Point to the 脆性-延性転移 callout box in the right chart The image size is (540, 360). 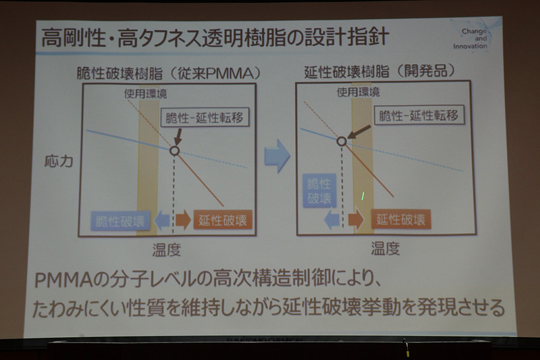(x=418, y=115)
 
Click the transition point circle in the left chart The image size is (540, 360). (x=174, y=151)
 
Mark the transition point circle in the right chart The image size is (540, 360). (x=342, y=141)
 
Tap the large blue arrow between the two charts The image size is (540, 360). (x=277, y=157)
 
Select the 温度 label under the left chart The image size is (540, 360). (x=167, y=250)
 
